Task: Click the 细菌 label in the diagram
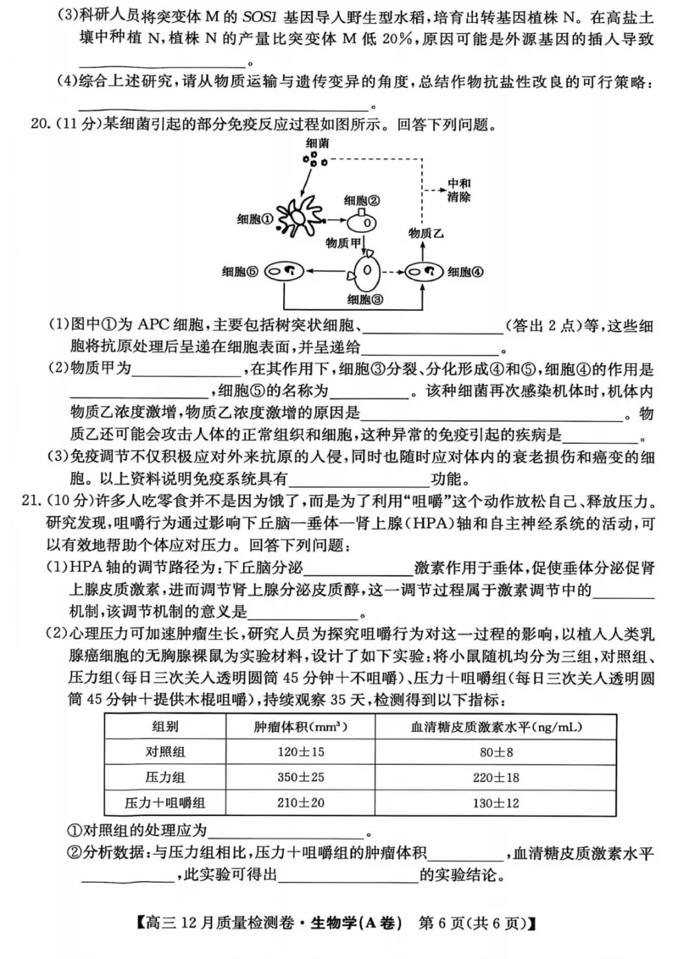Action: (x=319, y=146)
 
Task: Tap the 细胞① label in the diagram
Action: (x=258, y=219)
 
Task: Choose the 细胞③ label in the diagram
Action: (x=366, y=299)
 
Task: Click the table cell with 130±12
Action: (x=489, y=802)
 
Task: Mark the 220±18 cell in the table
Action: (x=489, y=776)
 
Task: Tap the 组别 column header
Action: (x=165, y=726)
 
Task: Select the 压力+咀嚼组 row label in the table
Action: (x=165, y=802)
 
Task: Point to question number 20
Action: (x=40, y=125)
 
